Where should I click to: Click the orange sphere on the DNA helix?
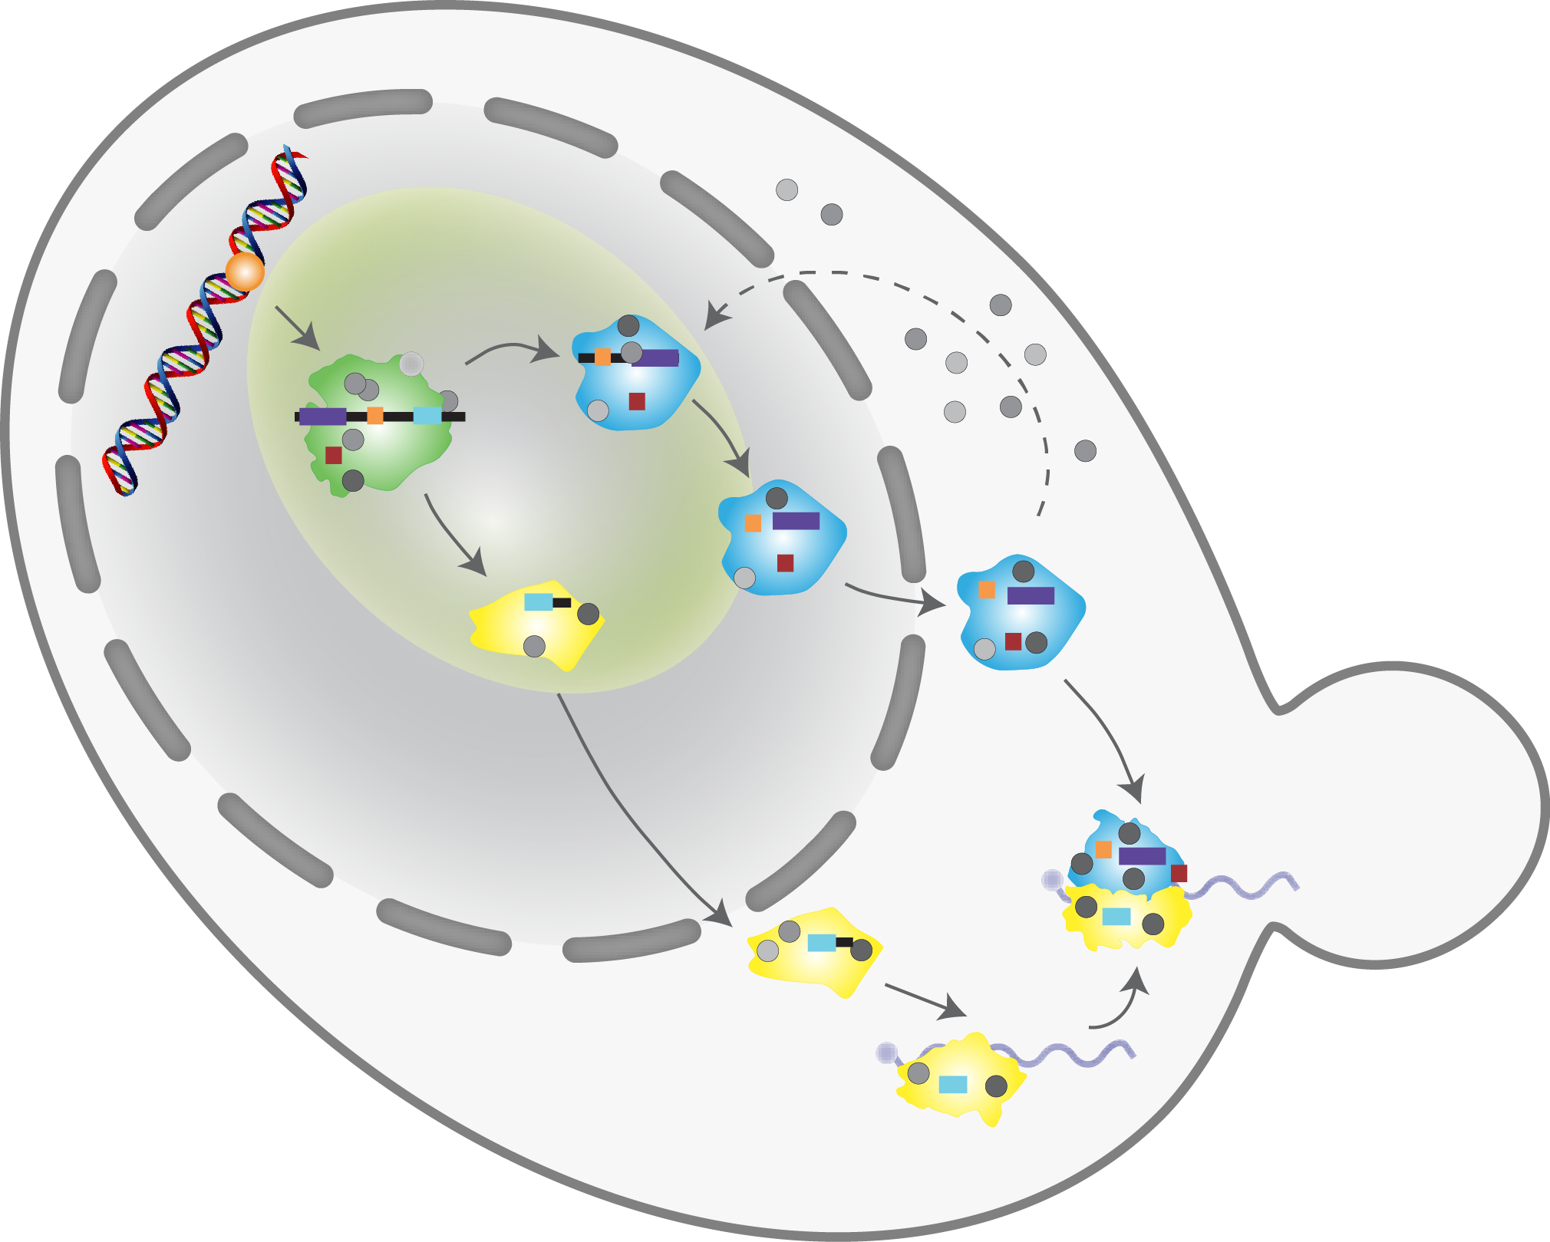pos(245,272)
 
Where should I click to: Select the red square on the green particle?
pos(333,455)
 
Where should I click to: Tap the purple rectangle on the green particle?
pos(322,417)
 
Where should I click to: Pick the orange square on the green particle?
pos(374,416)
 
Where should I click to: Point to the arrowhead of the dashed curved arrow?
pos(714,319)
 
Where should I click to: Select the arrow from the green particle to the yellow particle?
pos(453,536)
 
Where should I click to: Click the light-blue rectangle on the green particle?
pos(427,416)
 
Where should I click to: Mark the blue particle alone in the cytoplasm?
pos(1021,614)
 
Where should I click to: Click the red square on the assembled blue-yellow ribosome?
pos(1179,873)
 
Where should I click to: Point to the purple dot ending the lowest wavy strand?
pos(887,1053)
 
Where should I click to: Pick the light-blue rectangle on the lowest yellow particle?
pos(953,1084)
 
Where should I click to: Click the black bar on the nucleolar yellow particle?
pos(562,602)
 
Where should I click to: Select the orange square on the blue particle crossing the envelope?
pos(753,523)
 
